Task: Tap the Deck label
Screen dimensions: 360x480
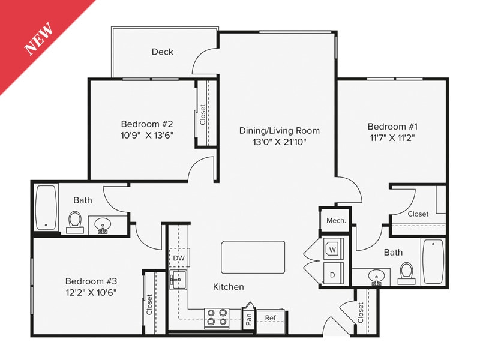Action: click(x=162, y=52)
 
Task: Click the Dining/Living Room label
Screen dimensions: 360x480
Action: click(x=279, y=130)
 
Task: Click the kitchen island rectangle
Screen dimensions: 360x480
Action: click(x=253, y=257)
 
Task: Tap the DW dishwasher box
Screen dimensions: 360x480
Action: click(x=179, y=258)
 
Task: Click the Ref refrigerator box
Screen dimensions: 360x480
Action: click(x=271, y=318)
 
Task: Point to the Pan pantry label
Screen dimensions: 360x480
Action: click(x=248, y=318)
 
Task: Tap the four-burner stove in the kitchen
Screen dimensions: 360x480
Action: click(x=217, y=317)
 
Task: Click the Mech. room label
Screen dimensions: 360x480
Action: click(x=335, y=220)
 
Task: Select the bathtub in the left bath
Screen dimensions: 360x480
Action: click(x=46, y=207)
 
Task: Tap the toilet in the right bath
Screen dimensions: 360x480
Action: click(x=407, y=272)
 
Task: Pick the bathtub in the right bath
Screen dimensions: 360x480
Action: click(x=433, y=262)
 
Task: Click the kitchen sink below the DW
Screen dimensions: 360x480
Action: click(x=178, y=280)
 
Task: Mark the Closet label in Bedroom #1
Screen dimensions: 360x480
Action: click(x=418, y=214)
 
